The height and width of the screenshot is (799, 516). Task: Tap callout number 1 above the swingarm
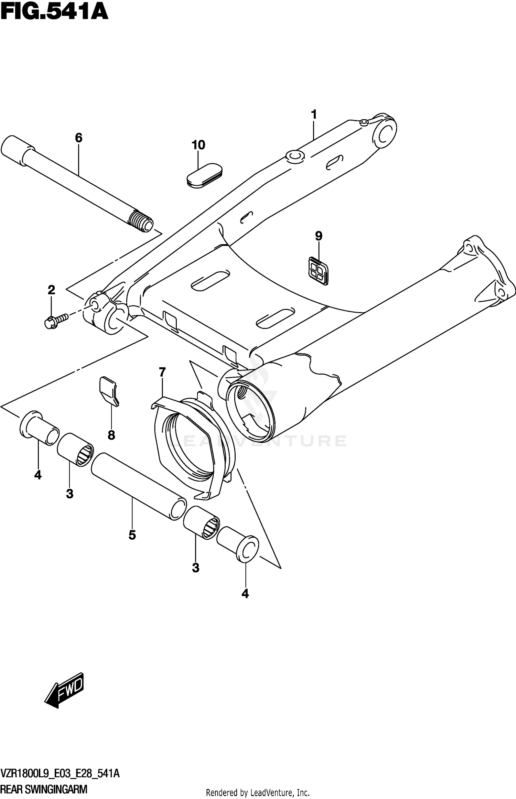[x=313, y=114]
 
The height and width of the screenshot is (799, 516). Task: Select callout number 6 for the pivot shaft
[x=78, y=138]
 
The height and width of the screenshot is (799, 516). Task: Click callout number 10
[x=198, y=145]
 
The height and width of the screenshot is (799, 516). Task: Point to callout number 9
[x=319, y=236]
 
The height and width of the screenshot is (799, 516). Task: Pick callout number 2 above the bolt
[x=51, y=290]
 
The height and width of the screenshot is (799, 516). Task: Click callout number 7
[x=162, y=372]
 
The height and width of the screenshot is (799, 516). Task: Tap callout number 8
[x=111, y=435]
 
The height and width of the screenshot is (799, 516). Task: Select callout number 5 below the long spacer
[x=132, y=535]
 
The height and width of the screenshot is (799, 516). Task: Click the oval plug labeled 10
[x=204, y=176]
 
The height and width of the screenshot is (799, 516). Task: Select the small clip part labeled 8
[x=108, y=391]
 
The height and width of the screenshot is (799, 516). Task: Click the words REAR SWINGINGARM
[x=44, y=789]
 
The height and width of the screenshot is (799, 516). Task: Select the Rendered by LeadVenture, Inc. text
[x=258, y=793]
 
